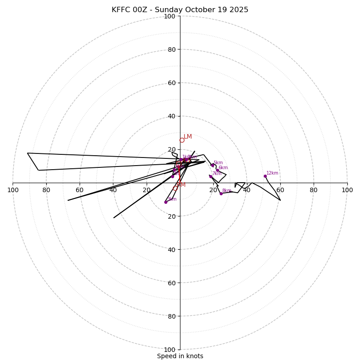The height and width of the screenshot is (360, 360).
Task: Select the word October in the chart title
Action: [x=197, y=10]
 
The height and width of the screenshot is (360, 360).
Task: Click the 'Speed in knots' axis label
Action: [x=180, y=356]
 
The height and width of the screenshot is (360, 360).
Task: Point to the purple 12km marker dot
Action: [x=265, y=176]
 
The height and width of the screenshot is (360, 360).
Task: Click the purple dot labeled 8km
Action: [x=221, y=193]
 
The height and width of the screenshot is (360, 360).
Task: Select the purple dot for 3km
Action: [x=166, y=202]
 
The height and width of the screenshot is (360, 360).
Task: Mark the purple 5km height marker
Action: [x=212, y=165]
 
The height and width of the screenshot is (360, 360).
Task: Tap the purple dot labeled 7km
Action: [x=211, y=176]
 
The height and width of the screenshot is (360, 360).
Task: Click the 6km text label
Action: [x=223, y=168]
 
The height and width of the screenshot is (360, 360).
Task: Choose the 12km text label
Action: [x=272, y=173]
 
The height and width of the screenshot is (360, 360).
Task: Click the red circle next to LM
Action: [x=182, y=140]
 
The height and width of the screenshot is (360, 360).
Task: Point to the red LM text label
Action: [x=188, y=137]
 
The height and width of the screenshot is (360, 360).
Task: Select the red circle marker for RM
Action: [x=175, y=188]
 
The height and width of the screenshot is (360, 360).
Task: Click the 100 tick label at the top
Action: [x=170, y=16]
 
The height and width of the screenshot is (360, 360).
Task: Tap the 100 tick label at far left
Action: [x=13, y=190]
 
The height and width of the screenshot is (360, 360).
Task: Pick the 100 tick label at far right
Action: [x=347, y=190]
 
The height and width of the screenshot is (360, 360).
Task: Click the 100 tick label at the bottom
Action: [x=170, y=350]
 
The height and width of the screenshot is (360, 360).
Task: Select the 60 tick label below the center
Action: [x=171, y=283]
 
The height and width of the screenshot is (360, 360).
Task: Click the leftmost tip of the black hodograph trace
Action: [x=27, y=153]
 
